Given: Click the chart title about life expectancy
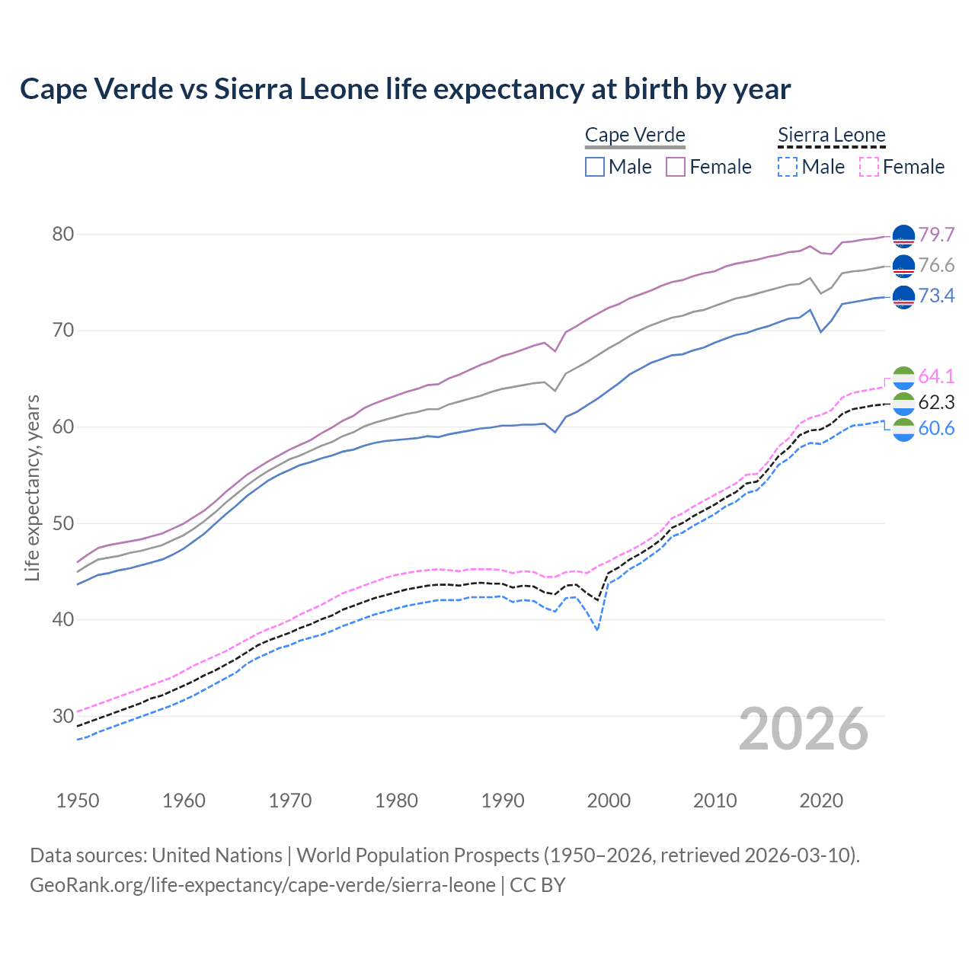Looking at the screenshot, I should pyautogui.click(x=405, y=89).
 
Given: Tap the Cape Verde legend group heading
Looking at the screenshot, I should pyautogui.click(x=635, y=136).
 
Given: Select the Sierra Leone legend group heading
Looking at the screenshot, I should pyautogui.click(x=831, y=136).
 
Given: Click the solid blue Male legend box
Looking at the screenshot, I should pyautogui.click(x=595, y=167).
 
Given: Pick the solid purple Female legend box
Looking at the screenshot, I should pyautogui.click(x=676, y=167).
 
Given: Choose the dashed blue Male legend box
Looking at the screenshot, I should pyautogui.click(x=788, y=167).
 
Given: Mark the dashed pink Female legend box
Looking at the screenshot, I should pyautogui.click(x=869, y=167).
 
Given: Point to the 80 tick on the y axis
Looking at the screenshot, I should pyautogui.click(x=63, y=234).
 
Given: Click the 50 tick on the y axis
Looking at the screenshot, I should pyautogui.click(x=63, y=523).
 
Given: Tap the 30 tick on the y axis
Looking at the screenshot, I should pyautogui.click(x=63, y=716).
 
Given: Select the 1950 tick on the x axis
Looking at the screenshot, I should pyautogui.click(x=78, y=801).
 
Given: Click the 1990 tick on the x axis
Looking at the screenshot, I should pyautogui.click(x=503, y=801).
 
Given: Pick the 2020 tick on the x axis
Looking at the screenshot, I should pyautogui.click(x=821, y=801).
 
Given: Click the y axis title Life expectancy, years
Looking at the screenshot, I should pyautogui.click(x=32, y=487).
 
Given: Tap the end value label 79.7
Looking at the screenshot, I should pyautogui.click(x=936, y=235).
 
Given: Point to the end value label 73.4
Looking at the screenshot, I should pyautogui.click(x=936, y=296).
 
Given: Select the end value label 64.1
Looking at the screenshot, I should pyautogui.click(x=936, y=376).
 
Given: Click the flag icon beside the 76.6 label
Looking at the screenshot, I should pyautogui.click(x=903, y=266).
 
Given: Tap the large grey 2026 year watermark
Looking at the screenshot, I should pyautogui.click(x=803, y=729).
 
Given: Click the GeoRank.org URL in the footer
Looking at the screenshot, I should pyautogui.click(x=263, y=885).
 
